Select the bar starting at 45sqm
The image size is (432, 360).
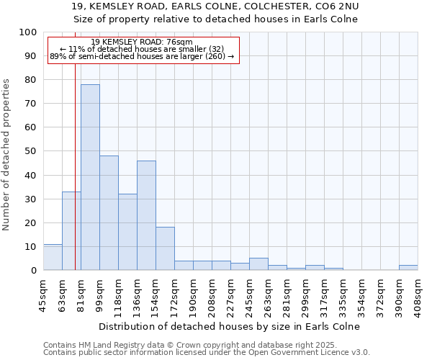coord(53,257)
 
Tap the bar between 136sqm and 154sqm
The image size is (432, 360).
coord(146,215)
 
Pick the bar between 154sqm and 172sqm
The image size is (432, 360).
coord(165,248)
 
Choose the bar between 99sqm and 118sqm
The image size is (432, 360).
coord(109,212)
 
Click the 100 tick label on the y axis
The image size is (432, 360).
coord(28,32)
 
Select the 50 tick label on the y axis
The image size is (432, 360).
coord(30,151)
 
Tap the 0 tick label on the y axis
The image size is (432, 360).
coord(33,270)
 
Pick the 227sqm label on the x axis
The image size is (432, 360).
coord(230,295)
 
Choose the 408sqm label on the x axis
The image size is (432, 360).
coord(418,295)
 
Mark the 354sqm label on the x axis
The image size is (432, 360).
coord(361,295)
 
